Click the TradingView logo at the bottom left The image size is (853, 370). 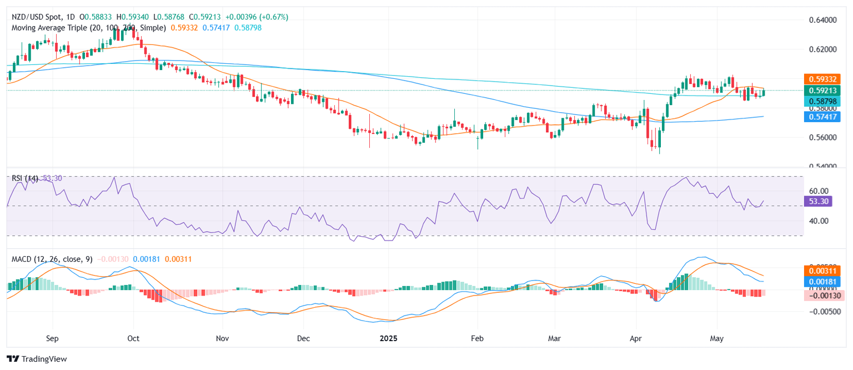click(37, 359)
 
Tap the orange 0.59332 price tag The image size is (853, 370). click(824, 79)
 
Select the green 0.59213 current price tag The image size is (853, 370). click(824, 90)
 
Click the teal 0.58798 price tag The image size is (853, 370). click(824, 101)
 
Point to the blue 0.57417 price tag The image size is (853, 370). click(824, 116)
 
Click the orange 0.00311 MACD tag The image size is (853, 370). click(824, 271)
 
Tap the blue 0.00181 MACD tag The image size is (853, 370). click(824, 282)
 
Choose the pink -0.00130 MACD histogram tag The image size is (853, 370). click(824, 295)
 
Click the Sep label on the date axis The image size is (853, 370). click(53, 337)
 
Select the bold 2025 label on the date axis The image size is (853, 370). click(388, 337)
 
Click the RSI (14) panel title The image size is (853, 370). click(24, 178)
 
